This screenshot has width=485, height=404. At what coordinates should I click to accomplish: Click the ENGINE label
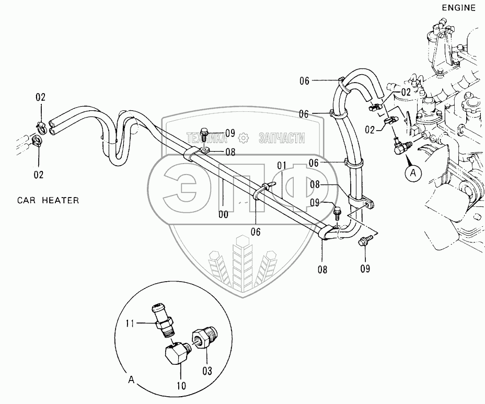point(458,8)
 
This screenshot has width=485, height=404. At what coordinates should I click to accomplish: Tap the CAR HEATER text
point(48,200)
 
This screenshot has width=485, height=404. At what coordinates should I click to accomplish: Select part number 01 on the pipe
point(282,166)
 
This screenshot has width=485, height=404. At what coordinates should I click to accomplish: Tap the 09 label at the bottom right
point(365,269)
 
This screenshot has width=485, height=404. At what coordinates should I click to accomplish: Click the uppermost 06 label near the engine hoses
point(304,80)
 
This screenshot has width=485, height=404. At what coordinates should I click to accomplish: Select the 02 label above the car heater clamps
point(40,97)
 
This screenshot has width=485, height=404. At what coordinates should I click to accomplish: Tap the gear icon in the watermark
point(243,138)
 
